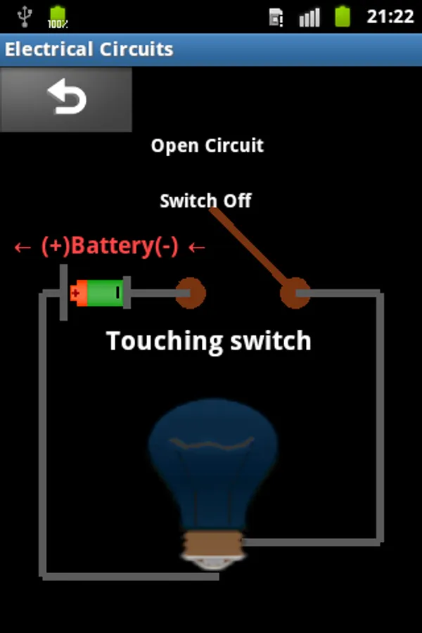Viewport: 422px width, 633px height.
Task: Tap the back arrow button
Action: [x=66, y=98]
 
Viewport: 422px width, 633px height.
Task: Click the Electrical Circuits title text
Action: [x=89, y=50]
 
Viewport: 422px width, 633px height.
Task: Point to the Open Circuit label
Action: [x=207, y=146]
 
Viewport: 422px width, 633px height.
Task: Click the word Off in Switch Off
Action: [x=237, y=201]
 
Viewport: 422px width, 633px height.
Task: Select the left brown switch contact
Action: [x=190, y=293]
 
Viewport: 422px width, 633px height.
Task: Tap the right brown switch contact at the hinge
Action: [x=295, y=293]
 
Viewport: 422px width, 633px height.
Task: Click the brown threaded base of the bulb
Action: [x=212, y=544]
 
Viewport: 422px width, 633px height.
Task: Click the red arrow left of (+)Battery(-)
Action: [x=23, y=248]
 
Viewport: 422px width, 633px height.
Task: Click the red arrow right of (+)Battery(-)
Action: [x=197, y=248]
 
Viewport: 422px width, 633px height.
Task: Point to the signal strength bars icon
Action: [x=309, y=17]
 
